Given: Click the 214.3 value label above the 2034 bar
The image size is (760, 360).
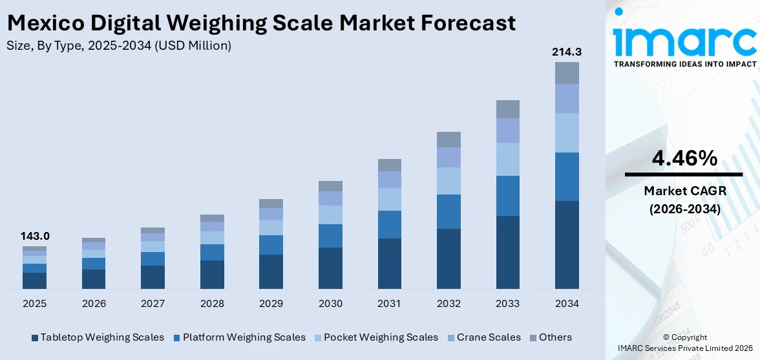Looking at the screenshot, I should tap(566, 52).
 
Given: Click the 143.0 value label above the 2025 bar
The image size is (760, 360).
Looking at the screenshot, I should tap(34, 236).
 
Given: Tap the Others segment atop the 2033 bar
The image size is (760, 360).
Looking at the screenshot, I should tap(507, 109).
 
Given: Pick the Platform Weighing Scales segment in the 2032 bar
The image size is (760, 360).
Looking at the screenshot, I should tap(449, 211).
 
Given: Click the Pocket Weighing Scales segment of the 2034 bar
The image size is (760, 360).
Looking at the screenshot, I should tap(567, 132).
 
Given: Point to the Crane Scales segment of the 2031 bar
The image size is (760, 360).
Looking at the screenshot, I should tap(389, 180).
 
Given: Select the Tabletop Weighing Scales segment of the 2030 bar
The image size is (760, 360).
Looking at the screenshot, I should tap(330, 268).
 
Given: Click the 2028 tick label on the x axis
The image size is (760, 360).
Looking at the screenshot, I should tap(212, 304).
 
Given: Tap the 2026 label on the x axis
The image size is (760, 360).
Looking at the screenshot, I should tap(94, 304).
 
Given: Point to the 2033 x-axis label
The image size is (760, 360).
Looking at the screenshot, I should tap(507, 304).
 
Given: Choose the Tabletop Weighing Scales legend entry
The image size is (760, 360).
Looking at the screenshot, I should tap(97, 337).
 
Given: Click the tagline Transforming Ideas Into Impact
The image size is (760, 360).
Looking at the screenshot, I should tap(684, 64).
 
